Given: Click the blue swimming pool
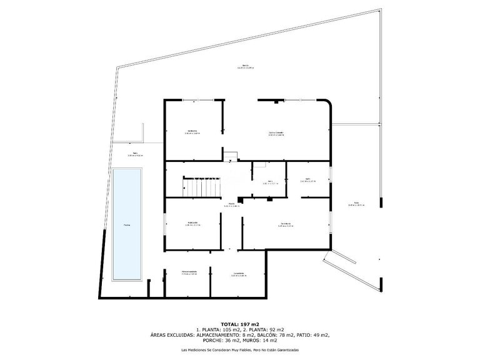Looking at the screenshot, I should coord(127,225).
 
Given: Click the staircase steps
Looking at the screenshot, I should coord(194,186).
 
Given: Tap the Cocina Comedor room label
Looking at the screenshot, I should coord(276,133).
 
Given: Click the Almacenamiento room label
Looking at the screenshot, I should coord(189,272).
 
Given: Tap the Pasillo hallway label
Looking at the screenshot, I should coord(231,204).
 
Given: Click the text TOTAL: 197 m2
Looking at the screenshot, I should coord(240,323).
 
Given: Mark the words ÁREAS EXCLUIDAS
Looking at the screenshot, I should coord(172,336).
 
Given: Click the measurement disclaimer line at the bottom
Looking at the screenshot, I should coord(240,351).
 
